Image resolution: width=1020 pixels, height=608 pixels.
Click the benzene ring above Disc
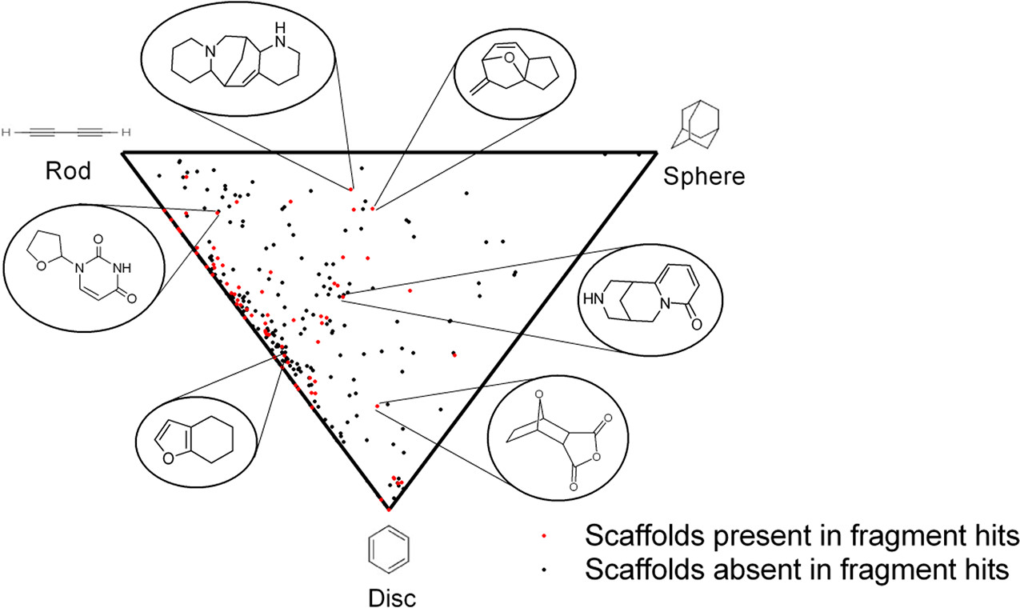click(390, 552)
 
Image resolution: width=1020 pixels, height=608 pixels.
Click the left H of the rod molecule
click(6, 131)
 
